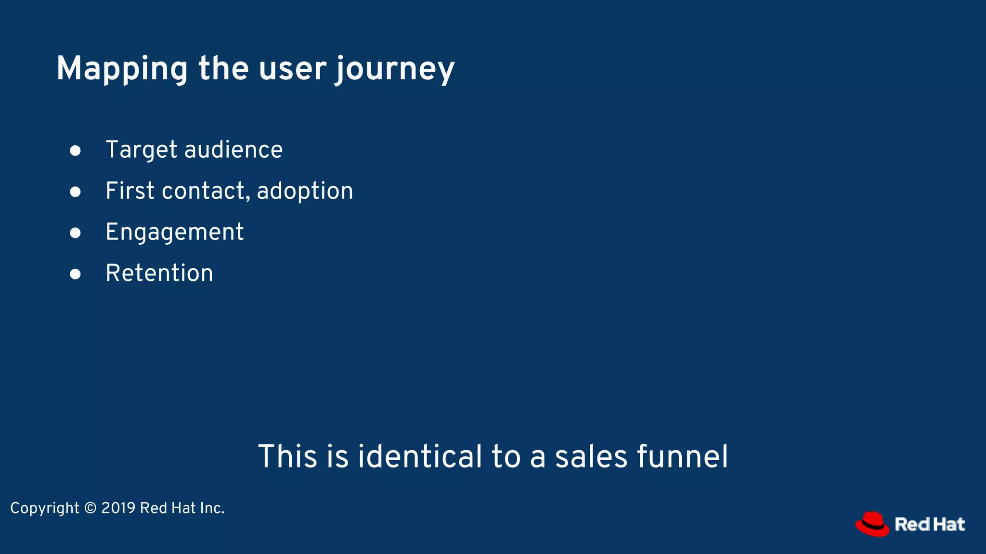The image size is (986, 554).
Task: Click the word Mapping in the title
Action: (122, 69)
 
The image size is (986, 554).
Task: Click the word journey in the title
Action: (395, 69)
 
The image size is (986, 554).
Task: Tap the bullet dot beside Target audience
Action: (75, 151)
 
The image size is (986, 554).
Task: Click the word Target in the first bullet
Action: (142, 150)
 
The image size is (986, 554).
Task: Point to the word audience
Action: (234, 150)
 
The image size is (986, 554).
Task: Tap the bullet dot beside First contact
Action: (75, 192)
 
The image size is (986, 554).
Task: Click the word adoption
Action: (305, 191)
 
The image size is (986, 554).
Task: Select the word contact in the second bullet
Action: (206, 191)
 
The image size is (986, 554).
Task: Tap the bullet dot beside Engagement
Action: (75, 233)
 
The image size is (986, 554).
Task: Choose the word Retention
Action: (159, 273)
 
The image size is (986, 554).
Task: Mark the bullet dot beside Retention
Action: (75, 274)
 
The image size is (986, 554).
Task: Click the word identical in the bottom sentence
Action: (419, 456)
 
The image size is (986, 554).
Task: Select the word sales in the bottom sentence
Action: (591, 456)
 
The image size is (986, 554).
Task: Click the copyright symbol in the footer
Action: (90, 508)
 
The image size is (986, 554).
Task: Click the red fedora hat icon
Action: (872, 524)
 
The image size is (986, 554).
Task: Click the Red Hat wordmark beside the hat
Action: (930, 524)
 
